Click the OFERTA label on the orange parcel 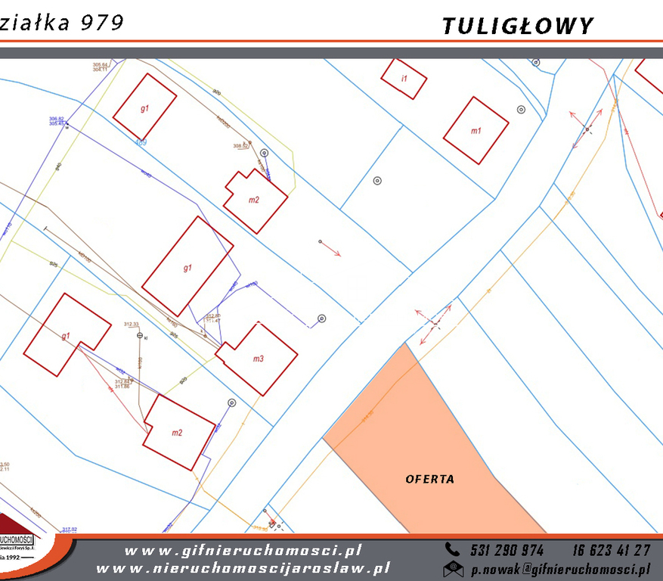[430, 479]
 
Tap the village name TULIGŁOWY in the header [518, 26]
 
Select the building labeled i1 [404, 79]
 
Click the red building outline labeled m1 [476, 130]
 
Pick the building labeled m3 [257, 359]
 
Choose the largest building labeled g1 [187, 266]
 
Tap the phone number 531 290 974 [506, 550]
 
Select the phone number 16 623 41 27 [611, 550]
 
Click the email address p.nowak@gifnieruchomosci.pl [560, 568]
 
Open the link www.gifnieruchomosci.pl [243, 551]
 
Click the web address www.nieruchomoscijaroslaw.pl [243, 568]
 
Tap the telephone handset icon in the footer [452, 550]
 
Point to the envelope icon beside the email [453, 568]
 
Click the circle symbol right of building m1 [521, 110]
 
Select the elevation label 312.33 [132, 324]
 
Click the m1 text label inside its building [476, 131]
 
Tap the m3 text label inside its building [258, 359]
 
